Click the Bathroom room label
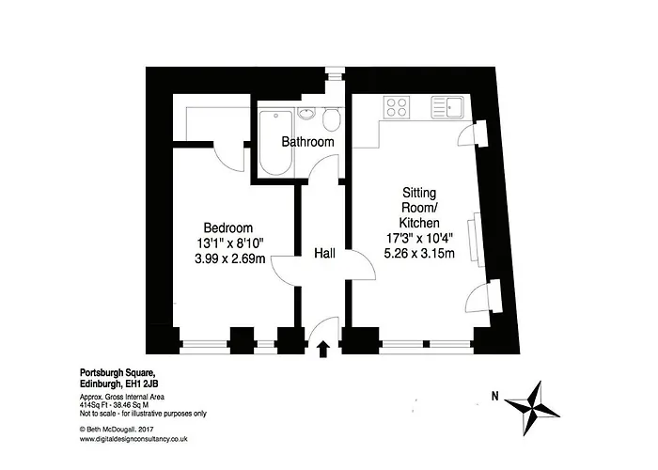(307, 142)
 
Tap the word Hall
(325, 253)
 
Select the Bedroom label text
(228, 227)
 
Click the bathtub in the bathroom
(275, 142)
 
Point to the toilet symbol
(332, 118)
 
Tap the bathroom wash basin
(306, 114)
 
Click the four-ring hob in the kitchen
(397, 106)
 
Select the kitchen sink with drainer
(447, 107)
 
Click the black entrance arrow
(322, 349)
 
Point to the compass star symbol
(532, 408)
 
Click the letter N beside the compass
(495, 396)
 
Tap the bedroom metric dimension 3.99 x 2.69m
(230, 258)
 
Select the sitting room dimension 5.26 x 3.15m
(419, 253)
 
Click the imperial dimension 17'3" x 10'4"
(419, 238)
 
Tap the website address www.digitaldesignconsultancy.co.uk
(133, 439)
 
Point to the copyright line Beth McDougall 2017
(117, 430)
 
